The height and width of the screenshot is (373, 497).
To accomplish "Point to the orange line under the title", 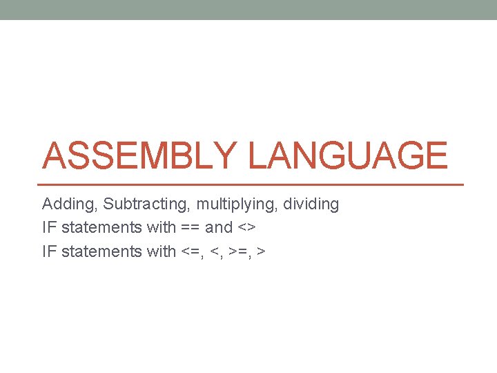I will pyautogui.click(x=252, y=184).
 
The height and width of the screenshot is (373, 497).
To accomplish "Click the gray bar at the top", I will pyautogui.click(x=248, y=10).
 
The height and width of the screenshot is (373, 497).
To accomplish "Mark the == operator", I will pyautogui.click(x=191, y=228).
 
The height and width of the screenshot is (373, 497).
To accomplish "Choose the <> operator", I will pyautogui.click(x=246, y=228).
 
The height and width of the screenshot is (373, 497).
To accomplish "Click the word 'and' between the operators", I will pyautogui.click(x=219, y=228).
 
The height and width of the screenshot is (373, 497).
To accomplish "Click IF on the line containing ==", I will pyautogui.click(x=49, y=228).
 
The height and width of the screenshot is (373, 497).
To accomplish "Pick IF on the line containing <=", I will pyautogui.click(x=49, y=251).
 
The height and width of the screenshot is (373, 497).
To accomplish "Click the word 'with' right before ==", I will pyautogui.click(x=162, y=228).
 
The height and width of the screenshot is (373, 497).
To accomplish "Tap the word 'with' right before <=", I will pyautogui.click(x=162, y=251).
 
